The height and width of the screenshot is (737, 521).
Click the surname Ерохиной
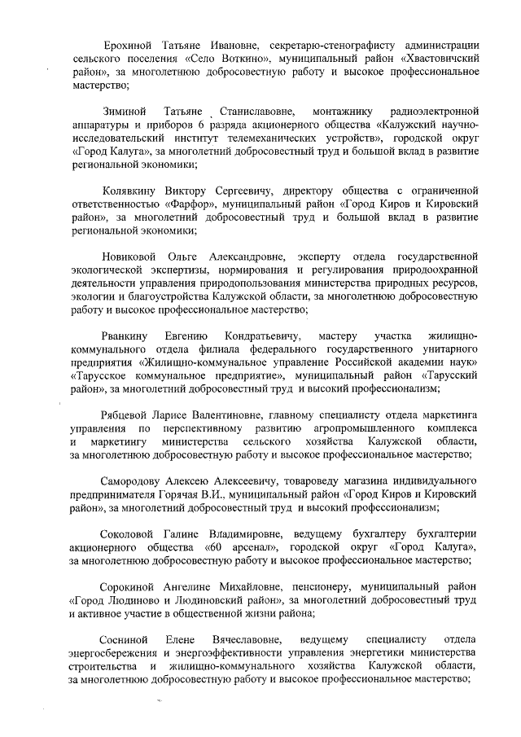[129, 44]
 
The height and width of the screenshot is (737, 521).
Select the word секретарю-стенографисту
[322, 44]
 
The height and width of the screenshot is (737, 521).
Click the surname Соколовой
[133, 533]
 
